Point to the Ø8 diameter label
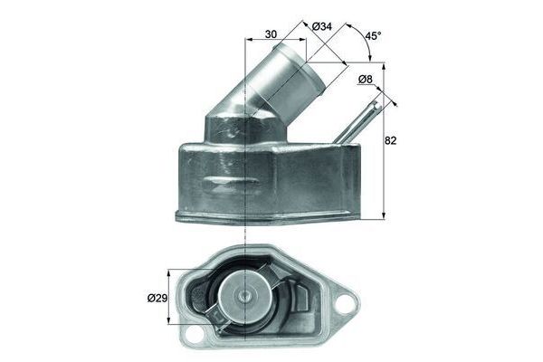pyautogui.click(x=367, y=81)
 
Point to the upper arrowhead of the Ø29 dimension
pyautogui.click(x=170, y=271)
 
